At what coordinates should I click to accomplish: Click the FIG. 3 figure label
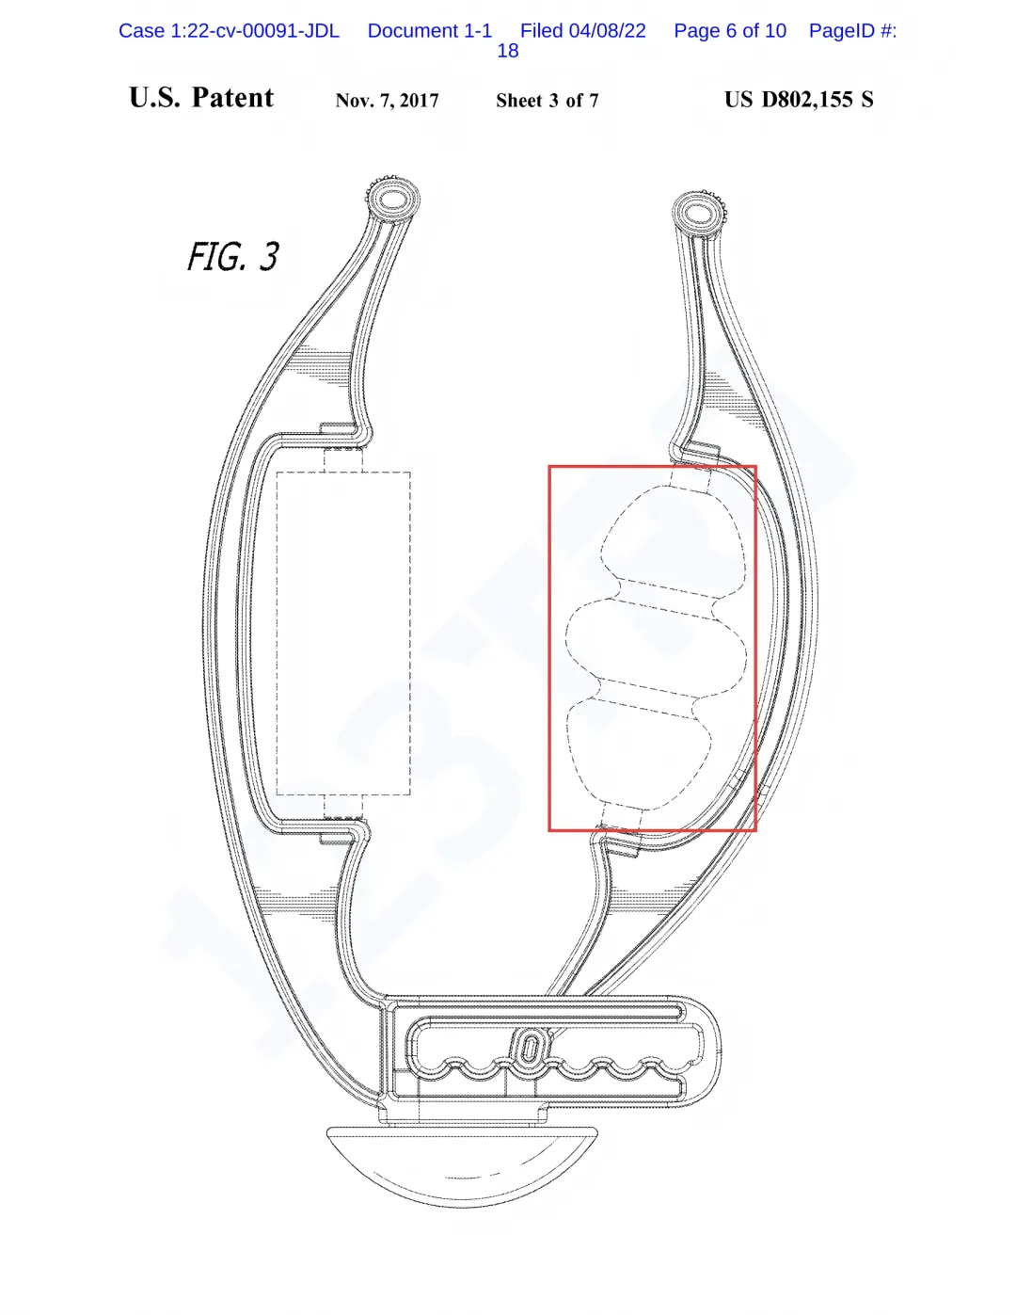(x=233, y=256)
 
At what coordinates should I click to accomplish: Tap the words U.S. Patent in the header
(x=201, y=98)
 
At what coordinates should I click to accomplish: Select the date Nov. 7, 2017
(x=387, y=101)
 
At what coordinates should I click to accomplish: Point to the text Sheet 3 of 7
(x=548, y=101)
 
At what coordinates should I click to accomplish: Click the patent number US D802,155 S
(x=799, y=100)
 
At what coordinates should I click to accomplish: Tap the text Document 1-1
(x=430, y=31)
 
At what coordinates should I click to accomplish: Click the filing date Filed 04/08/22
(x=583, y=31)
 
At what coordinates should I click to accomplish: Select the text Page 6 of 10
(x=730, y=31)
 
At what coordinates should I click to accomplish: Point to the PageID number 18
(x=507, y=51)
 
